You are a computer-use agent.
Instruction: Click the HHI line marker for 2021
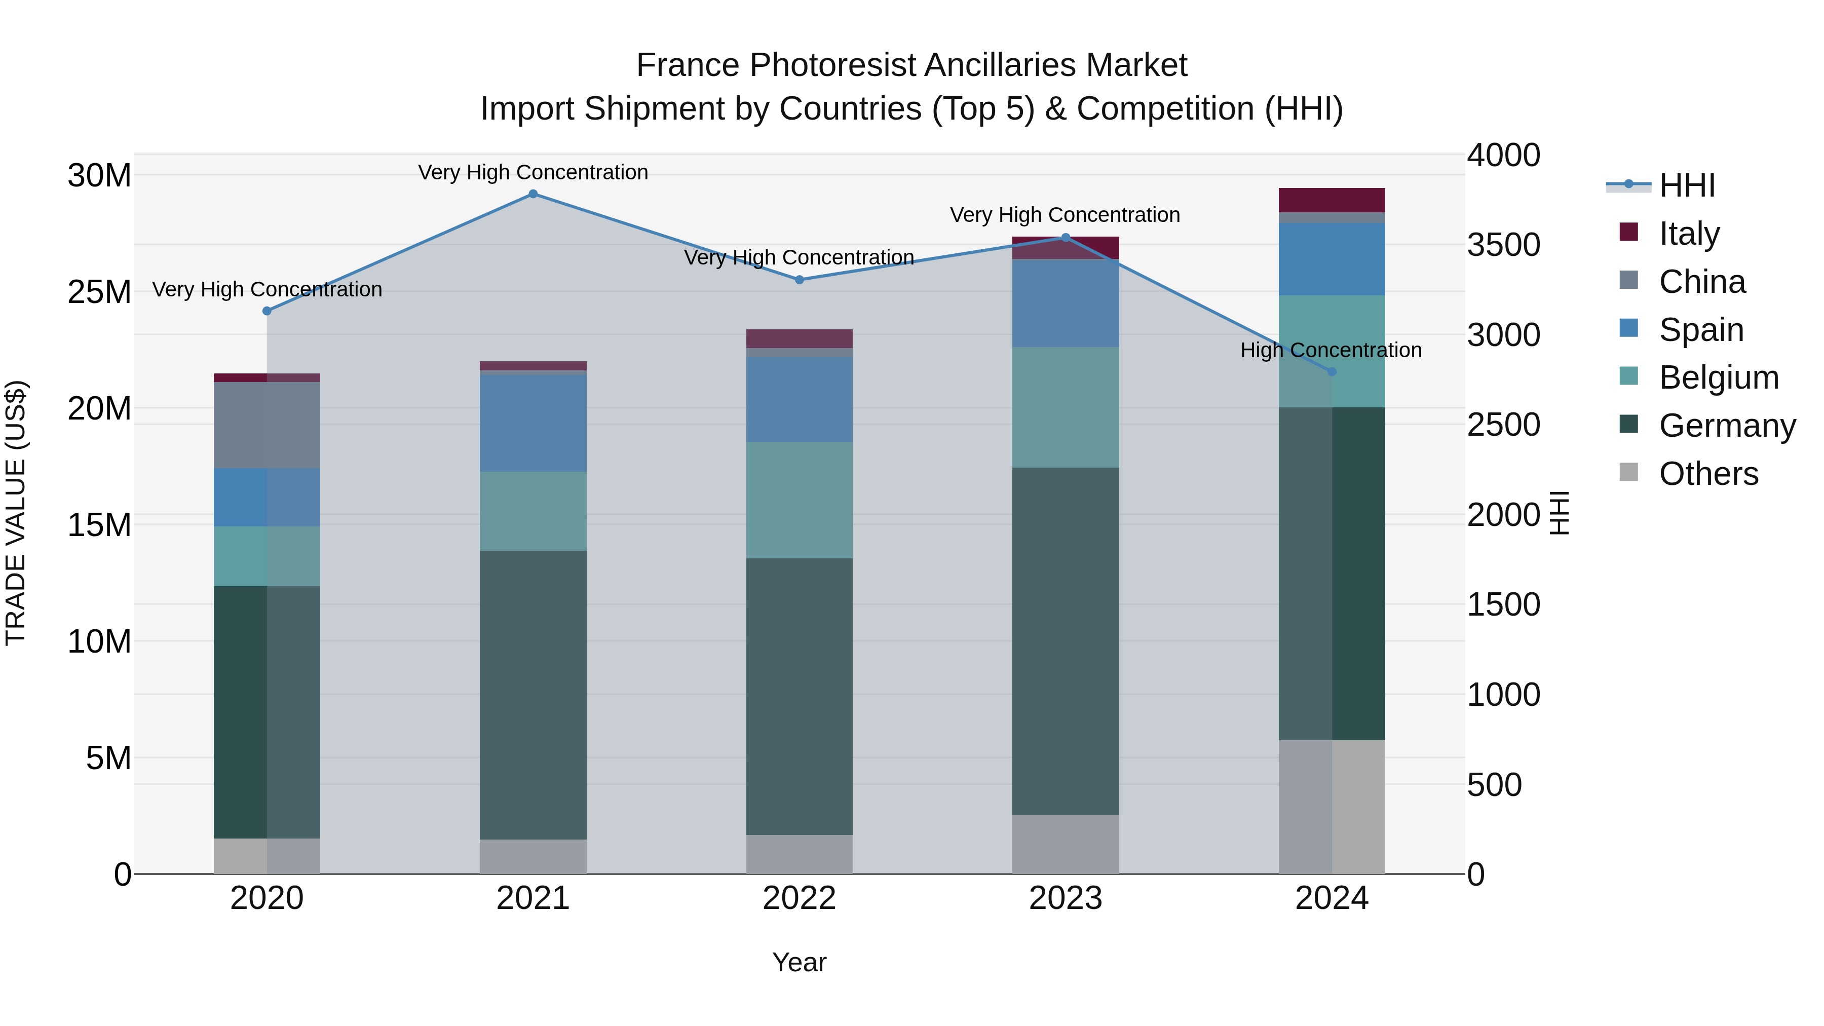[x=533, y=194]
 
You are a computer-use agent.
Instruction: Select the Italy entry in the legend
[x=1688, y=234]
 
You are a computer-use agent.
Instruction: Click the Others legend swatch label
[x=1708, y=474]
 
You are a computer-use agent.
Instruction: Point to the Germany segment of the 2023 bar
[x=1065, y=641]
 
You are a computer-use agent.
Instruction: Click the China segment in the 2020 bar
[x=267, y=425]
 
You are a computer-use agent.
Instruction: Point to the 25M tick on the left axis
[x=99, y=292]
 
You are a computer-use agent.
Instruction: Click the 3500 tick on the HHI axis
[x=1503, y=245]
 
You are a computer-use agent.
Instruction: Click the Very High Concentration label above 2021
[x=533, y=172]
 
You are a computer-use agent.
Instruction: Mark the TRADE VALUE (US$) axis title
[x=16, y=513]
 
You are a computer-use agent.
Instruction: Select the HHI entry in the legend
[x=1685, y=185]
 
